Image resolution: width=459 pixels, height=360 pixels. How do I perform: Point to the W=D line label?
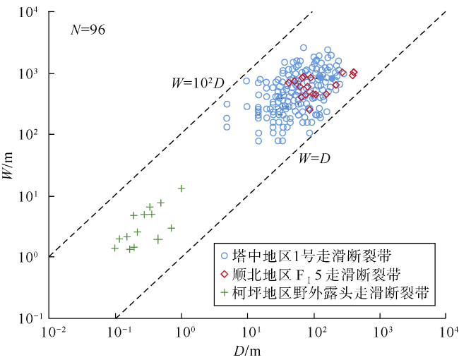click(312, 159)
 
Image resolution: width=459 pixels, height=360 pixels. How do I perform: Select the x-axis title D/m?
click(247, 349)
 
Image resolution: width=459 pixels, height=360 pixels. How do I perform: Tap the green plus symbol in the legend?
click(225, 292)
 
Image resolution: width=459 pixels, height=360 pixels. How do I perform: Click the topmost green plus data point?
click(181, 188)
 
